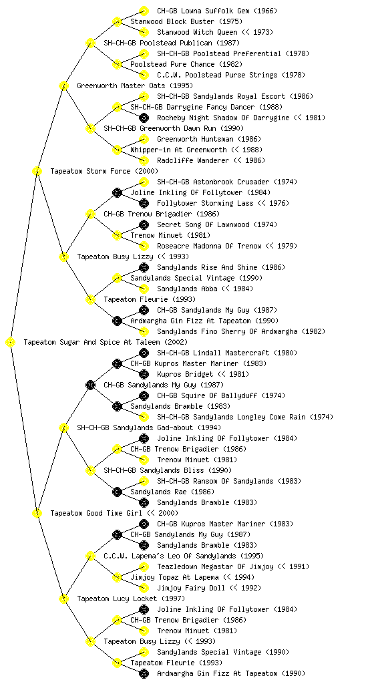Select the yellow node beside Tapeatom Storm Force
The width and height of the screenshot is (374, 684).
37,171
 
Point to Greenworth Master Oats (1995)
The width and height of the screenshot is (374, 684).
135,85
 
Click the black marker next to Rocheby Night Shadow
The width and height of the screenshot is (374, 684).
144,118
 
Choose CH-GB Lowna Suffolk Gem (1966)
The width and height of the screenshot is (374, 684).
216,11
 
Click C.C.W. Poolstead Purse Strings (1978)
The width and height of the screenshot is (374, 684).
231,75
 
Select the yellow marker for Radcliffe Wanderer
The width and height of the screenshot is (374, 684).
144,160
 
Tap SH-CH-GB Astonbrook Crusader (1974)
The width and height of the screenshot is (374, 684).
227,182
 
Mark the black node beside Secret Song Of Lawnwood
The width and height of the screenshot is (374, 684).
144,224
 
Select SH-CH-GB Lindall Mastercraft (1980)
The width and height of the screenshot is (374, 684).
227,353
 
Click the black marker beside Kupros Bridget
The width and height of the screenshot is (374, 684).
144,374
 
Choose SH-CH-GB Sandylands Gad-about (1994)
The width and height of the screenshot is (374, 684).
149,428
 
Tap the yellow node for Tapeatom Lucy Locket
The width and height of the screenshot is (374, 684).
63,599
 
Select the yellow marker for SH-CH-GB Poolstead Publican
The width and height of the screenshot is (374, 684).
90,43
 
